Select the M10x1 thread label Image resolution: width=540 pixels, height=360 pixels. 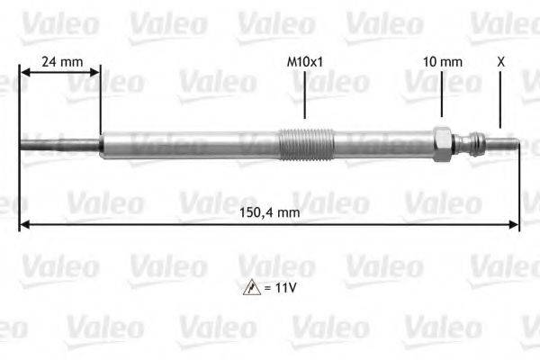click(x=304, y=62)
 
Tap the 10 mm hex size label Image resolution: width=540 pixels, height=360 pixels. click(x=443, y=62)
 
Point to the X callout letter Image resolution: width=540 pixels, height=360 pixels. click(x=500, y=62)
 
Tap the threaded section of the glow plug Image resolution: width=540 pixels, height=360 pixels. click(x=306, y=143)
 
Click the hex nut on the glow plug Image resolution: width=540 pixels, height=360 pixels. click(x=442, y=144)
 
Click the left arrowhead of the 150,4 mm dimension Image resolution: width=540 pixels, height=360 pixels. click(x=24, y=225)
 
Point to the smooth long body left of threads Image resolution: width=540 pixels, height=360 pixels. click(x=189, y=144)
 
